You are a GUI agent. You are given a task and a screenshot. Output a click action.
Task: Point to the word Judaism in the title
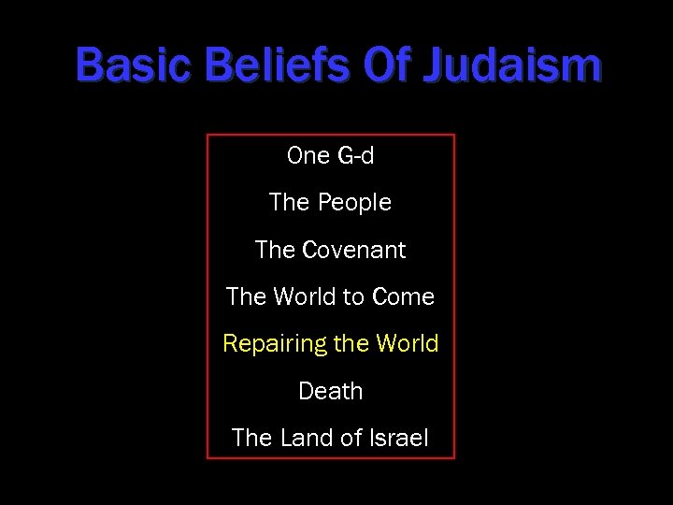pos(512,66)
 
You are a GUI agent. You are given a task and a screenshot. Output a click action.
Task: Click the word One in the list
pos(308,155)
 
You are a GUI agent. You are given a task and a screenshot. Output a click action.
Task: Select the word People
pos(354,203)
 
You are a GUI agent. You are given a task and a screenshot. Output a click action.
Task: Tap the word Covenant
pos(354,251)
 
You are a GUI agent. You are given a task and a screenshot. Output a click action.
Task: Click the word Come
pos(403,297)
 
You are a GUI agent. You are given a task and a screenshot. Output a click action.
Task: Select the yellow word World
pos(407,344)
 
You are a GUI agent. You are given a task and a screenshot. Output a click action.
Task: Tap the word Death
pos(330,391)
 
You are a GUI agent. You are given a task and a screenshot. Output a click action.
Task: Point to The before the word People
pos(290,203)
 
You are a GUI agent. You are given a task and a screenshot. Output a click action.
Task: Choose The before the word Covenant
pos(276,251)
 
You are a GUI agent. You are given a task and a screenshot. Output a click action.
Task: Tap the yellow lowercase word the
pos(351,344)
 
